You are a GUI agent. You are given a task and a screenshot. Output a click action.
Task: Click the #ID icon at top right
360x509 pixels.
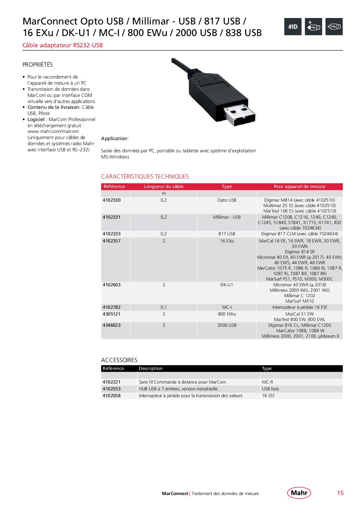[293, 27]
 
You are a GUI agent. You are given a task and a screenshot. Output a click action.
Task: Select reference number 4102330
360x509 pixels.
[112, 200]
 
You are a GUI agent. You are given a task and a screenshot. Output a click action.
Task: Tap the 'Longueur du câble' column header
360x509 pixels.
[163, 186]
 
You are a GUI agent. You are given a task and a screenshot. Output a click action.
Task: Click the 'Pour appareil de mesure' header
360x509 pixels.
[299, 186]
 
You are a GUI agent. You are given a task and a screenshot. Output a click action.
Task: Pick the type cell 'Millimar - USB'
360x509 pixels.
[227, 217]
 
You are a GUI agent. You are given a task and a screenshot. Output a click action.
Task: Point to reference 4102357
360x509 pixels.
[112, 241]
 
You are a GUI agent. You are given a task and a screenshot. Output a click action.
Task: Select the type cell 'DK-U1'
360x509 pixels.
[227, 285]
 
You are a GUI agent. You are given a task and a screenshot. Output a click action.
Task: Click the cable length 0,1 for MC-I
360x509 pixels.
[164, 307]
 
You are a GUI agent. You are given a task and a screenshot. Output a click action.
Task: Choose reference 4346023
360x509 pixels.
[112, 325]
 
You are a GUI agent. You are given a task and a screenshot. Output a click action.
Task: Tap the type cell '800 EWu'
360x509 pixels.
[227, 314]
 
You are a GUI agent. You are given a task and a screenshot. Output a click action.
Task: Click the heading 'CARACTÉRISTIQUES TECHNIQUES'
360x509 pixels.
[145, 176]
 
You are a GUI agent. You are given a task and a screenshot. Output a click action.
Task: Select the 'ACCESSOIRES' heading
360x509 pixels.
[119, 360]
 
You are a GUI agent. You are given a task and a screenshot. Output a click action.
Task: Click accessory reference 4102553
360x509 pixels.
[112, 389]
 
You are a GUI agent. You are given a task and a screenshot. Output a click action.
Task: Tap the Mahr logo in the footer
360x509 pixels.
[299, 493]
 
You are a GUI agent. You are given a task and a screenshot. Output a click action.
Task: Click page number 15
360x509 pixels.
[340, 493]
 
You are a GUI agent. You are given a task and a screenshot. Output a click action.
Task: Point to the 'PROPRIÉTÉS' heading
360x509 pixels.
[37, 65]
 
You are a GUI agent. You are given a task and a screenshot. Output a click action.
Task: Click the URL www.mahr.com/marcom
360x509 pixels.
[53, 131]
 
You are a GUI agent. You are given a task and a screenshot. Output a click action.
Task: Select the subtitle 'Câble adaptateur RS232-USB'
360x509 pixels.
[63, 45]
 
